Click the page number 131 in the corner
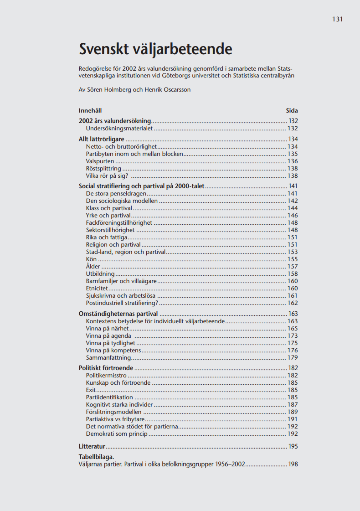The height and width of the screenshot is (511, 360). (x=337, y=19)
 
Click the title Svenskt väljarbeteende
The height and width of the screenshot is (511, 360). (x=155, y=49)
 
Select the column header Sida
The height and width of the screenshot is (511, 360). (x=292, y=110)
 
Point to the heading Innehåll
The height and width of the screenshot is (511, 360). (x=90, y=110)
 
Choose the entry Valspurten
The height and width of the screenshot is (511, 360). (x=100, y=161)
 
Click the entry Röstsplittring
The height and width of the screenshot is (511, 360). (x=103, y=169)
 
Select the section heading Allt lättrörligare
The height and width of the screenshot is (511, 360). (x=102, y=139)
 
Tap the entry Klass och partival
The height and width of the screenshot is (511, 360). (x=109, y=208)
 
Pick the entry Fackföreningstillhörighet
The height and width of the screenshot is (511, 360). (x=119, y=223)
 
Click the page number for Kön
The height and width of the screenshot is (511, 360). (x=293, y=259)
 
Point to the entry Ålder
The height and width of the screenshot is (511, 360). (x=93, y=267)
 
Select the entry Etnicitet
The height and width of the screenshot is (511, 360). (x=97, y=289)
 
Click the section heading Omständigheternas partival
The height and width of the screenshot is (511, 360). (x=118, y=314)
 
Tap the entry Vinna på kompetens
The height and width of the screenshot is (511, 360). (x=113, y=351)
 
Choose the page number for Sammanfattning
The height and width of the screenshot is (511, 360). (x=293, y=358)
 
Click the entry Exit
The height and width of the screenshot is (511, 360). (x=91, y=390)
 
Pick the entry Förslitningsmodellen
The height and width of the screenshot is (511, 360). (x=114, y=412)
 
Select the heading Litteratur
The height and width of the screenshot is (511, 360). (x=92, y=446)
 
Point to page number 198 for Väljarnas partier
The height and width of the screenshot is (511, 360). (x=293, y=465)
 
